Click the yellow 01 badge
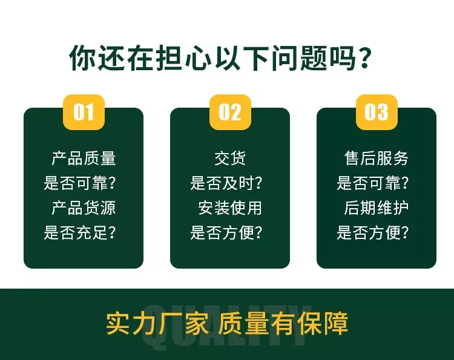click(x=84, y=112)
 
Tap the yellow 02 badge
click(x=230, y=112)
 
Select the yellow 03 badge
click(x=377, y=112)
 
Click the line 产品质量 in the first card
click(x=84, y=159)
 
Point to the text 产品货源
click(x=84, y=208)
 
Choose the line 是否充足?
click(x=80, y=232)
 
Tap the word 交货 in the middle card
click(x=230, y=159)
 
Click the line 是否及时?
click(x=226, y=183)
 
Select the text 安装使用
click(x=230, y=208)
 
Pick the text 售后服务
click(x=377, y=159)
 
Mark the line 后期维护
click(x=377, y=208)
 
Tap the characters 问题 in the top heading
click(x=300, y=58)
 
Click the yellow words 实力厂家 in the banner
click(x=157, y=323)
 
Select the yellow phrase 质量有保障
click(x=283, y=323)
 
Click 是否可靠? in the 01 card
click(x=80, y=183)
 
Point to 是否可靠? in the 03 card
click(x=373, y=183)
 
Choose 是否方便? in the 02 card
click(x=226, y=232)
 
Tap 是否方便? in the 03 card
click(x=373, y=232)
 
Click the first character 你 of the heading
click(x=82, y=58)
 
